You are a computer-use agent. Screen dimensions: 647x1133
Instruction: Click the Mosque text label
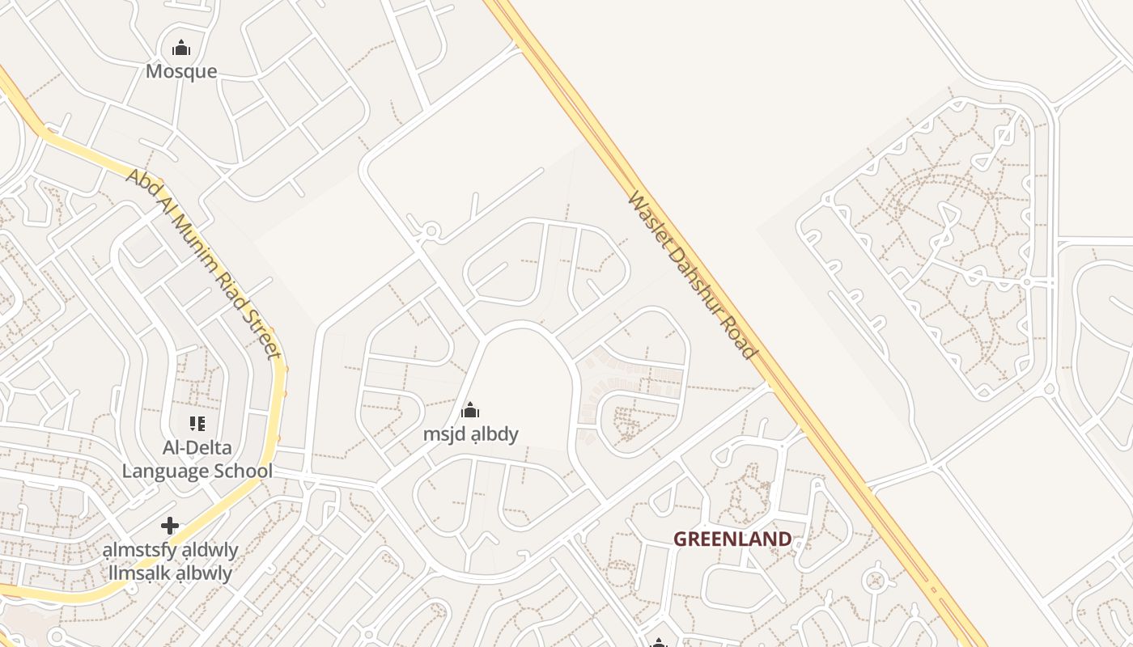click(x=181, y=71)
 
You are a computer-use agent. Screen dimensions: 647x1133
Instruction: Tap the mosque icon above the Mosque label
click(x=181, y=49)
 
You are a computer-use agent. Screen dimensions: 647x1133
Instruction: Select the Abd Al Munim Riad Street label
click(x=203, y=263)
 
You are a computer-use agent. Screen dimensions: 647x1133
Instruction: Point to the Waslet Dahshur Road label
click(x=692, y=275)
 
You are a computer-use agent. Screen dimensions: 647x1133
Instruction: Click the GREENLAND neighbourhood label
click(x=732, y=539)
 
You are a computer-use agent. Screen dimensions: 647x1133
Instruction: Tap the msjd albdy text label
click(x=470, y=434)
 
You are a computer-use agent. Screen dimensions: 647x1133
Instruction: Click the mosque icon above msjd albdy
click(x=470, y=411)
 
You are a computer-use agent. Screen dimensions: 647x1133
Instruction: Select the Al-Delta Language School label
click(x=197, y=459)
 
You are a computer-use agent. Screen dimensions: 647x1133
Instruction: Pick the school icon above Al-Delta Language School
click(x=197, y=424)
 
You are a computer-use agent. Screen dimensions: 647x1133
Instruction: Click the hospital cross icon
click(x=170, y=526)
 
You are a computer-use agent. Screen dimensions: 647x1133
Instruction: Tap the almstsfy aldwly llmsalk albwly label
click(x=170, y=561)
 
